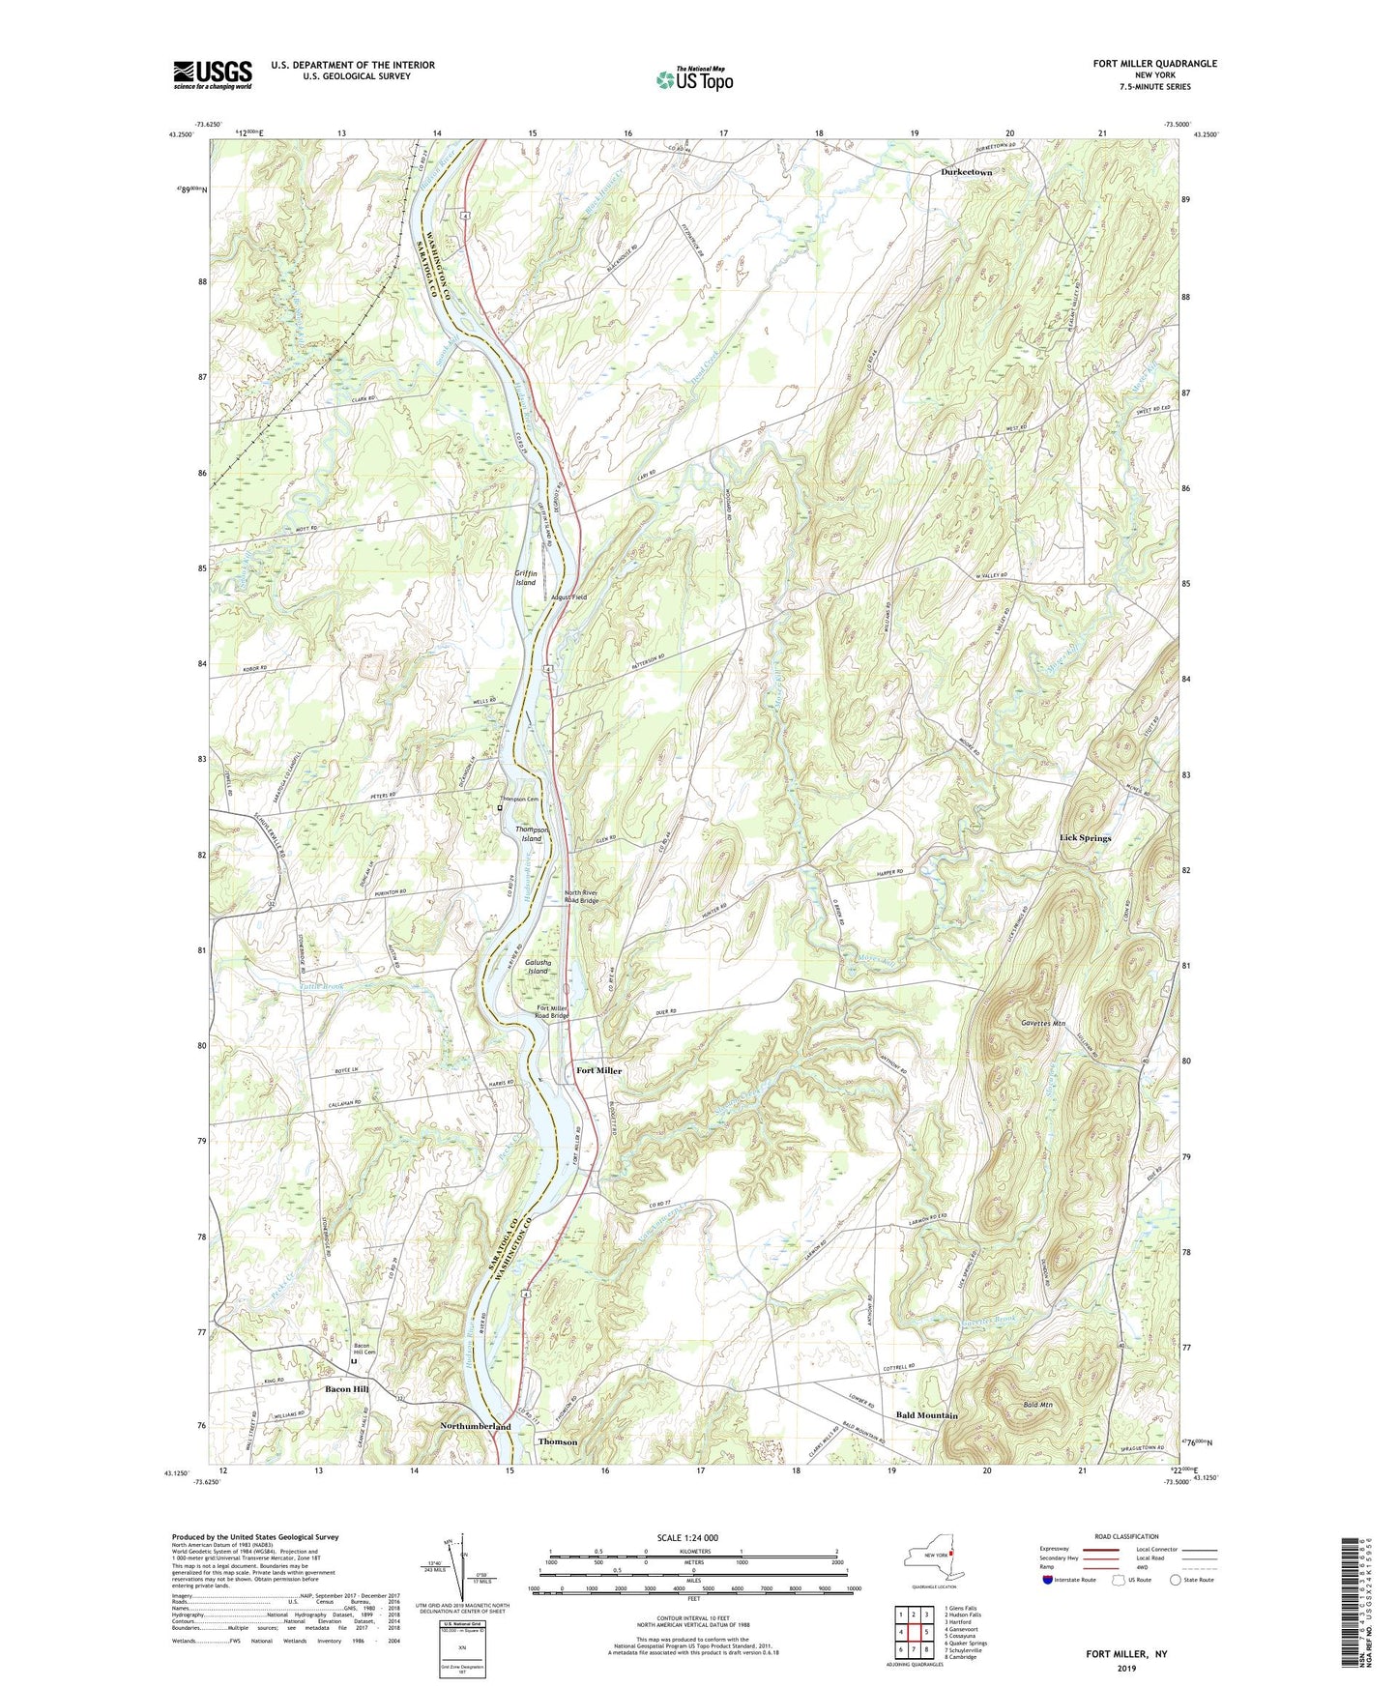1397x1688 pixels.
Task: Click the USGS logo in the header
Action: (x=213, y=73)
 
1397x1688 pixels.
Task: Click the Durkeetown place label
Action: (x=966, y=172)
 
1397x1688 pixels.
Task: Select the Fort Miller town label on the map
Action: (x=598, y=1071)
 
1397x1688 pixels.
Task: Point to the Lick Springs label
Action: (x=1085, y=838)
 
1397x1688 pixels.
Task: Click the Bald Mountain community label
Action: (x=926, y=1415)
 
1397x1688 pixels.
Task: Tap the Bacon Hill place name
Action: (x=346, y=1389)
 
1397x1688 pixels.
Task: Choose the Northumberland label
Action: (x=475, y=1427)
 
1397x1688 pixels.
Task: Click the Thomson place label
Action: (x=557, y=1441)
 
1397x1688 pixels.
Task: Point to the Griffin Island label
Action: (x=525, y=578)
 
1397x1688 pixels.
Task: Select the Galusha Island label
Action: (x=538, y=967)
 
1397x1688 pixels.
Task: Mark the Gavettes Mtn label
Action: (x=1042, y=1022)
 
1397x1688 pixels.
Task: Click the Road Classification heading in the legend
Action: (x=1126, y=1536)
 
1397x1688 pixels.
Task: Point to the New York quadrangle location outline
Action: (x=933, y=1558)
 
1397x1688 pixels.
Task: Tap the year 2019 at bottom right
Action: (x=1126, y=1668)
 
